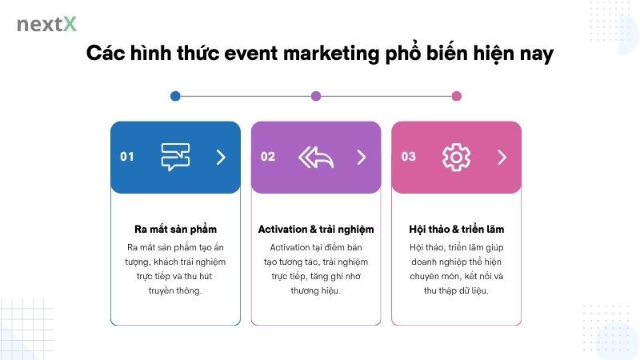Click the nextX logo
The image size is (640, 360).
(46, 24)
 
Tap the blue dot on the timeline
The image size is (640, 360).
(175, 96)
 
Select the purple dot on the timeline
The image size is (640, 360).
(316, 96)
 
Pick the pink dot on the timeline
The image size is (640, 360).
(457, 96)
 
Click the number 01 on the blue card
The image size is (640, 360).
(127, 157)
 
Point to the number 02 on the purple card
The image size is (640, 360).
(268, 157)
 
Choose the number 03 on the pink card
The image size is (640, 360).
(409, 157)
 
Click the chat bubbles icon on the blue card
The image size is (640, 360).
(175, 157)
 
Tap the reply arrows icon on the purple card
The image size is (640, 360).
(315, 157)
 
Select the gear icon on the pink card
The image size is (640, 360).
(456, 157)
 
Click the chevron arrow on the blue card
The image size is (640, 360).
(221, 157)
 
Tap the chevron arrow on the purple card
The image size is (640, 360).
(362, 157)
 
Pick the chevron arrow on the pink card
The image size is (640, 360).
(502, 157)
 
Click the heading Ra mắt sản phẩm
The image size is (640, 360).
(175, 230)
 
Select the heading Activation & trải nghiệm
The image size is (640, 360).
(316, 230)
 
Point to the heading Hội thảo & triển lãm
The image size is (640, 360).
(456, 230)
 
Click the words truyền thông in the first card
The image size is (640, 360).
(175, 290)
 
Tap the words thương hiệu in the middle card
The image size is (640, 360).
(316, 290)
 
